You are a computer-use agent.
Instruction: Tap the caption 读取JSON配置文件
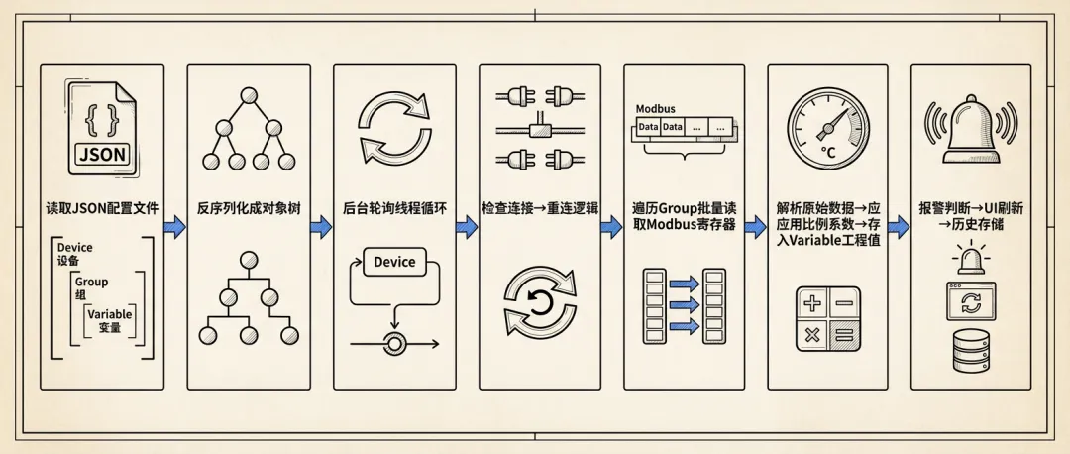(x=102, y=209)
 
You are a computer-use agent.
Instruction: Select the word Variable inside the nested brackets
(x=109, y=314)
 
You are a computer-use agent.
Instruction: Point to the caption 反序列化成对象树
(x=249, y=209)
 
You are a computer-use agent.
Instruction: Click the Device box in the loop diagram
(x=393, y=263)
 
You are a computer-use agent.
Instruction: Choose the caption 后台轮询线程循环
(x=394, y=209)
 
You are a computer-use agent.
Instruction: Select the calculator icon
(x=828, y=319)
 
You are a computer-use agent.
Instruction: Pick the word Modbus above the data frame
(x=654, y=109)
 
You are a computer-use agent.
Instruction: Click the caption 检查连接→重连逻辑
(x=539, y=209)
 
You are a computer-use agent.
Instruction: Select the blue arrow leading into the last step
(x=898, y=227)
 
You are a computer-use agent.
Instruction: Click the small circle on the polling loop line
(x=395, y=343)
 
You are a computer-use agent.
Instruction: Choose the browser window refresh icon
(x=970, y=302)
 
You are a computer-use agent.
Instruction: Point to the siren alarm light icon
(x=970, y=261)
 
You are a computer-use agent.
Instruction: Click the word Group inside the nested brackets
(x=91, y=282)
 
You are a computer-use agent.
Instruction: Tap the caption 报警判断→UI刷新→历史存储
(x=970, y=217)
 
